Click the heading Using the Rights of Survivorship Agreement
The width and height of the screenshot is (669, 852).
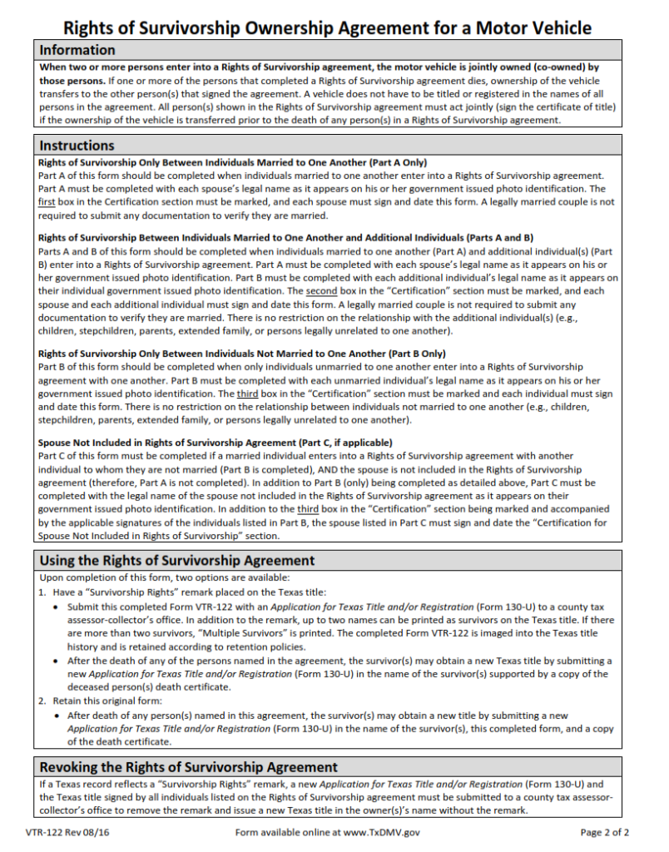tap(177, 560)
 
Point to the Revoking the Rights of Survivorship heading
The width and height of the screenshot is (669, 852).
tap(189, 766)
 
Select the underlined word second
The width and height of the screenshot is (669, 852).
tap(320, 291)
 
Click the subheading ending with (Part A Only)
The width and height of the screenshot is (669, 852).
tap(232, 162)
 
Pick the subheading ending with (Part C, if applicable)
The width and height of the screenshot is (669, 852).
tap(216, 442)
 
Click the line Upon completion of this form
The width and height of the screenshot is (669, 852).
tap(165, 577)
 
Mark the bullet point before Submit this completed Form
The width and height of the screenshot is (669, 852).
tap(57, 607)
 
